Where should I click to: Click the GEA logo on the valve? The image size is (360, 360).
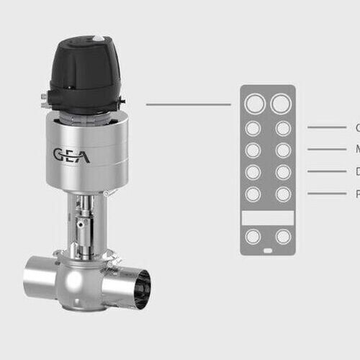coord(71,155)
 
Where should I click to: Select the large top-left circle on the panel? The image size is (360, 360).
coord(253,104)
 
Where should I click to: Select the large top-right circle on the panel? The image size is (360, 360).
coord(281,104)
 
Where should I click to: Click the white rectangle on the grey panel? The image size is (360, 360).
coord(267,217)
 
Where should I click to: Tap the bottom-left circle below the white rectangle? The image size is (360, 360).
coord(253,237)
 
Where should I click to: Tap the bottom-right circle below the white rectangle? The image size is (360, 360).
coord(283,237)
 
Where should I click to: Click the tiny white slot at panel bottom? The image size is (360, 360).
coord(267,251)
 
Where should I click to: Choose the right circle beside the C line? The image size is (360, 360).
coord(283,128)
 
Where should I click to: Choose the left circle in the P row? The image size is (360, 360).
coord(253,194)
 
